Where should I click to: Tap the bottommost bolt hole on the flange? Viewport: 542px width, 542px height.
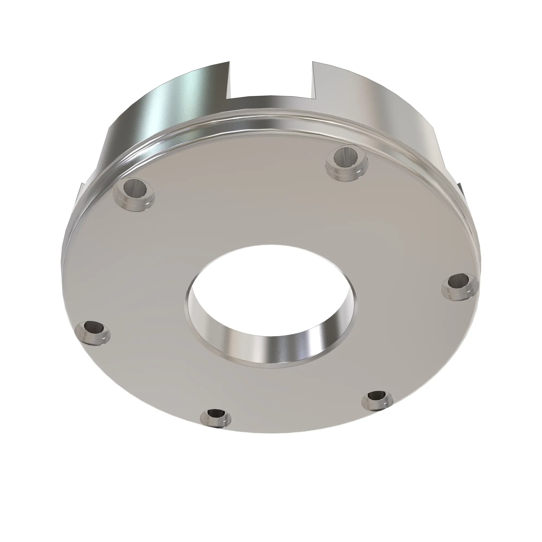pyautogui.click(x=216, y=415)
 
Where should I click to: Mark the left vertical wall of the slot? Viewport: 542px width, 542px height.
pyautogui.click(x=231, y=81)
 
